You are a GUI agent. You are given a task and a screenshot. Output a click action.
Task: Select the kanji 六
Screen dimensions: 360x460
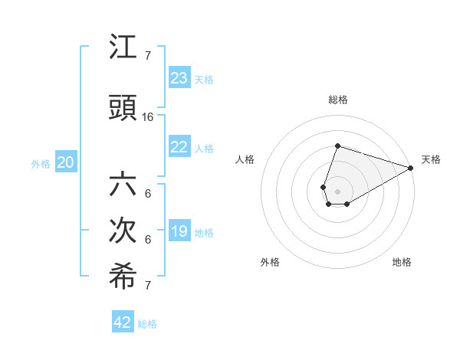pos(123,186)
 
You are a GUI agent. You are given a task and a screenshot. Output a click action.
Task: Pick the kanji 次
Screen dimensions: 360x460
pos(123,232)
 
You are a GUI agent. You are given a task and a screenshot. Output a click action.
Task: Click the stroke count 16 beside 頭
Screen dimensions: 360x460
pos(148,117)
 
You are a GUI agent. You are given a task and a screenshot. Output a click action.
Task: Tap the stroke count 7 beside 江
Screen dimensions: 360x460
pos(148,55)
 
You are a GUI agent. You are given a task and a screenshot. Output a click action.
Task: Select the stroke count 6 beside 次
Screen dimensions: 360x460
pos(148,240)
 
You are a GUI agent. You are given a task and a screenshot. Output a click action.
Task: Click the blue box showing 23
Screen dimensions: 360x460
pos(179,78)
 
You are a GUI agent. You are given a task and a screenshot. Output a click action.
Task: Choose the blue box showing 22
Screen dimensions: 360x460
pos(179,147)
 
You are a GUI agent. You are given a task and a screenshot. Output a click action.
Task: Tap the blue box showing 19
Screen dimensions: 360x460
pos(179,231)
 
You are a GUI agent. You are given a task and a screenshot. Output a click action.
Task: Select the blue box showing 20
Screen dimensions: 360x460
pos(66,162)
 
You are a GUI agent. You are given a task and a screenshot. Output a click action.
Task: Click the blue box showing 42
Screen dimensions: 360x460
pos(123,322)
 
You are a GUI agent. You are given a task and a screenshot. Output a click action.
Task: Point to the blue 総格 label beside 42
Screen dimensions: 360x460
pos(147,324)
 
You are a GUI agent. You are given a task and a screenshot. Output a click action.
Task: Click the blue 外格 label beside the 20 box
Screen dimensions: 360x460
pos(41,163)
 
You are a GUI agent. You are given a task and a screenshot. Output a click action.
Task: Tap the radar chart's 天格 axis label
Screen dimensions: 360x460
pos(431,159)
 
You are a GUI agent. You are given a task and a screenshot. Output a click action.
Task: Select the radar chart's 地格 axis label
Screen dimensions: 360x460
pos(402,262)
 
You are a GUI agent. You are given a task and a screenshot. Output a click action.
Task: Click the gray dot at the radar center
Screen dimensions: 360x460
pos(337,191)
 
